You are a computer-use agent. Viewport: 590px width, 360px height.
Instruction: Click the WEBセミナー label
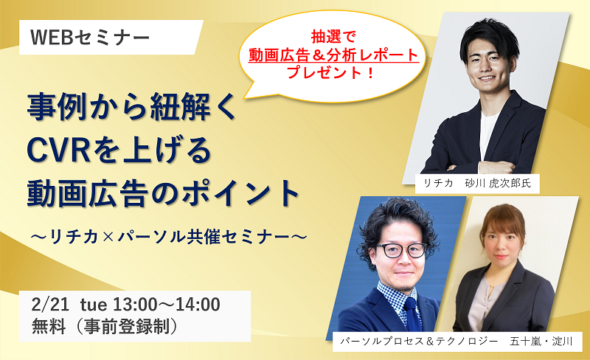[x=90, y=38]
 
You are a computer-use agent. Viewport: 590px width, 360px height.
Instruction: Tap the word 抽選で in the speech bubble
[x=333, y=37]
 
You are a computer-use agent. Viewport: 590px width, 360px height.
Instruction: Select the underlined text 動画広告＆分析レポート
[x=333, y=55]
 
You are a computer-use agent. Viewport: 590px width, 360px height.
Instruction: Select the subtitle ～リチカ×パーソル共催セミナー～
[x=169, y=237]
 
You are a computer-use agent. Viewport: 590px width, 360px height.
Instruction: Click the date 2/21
[x=50, y=304]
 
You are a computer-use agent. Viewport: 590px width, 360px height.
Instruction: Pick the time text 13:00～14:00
[x=167, y=304]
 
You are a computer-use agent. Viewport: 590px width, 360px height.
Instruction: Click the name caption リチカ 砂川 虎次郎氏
[x=477, y=184]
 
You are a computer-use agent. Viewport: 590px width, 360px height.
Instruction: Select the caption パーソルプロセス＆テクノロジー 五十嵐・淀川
[x=457, y=342]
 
